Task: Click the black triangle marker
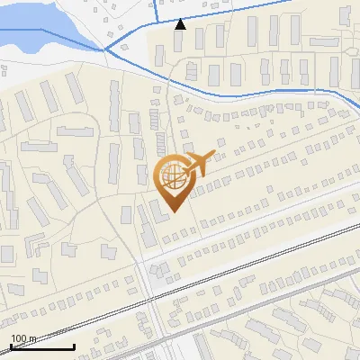(x=181, y=24)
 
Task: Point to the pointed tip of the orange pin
(x=173, y=212)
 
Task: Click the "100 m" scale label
(x=23, y=338)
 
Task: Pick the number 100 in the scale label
(x=19, y=338)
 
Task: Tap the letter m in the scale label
(x=33, y=339)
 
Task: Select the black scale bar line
(x=41, y=346)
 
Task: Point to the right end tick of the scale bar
(x=74, y=345)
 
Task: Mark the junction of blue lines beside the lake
(x=107, y=49)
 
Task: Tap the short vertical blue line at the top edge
(x=156, y=9)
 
